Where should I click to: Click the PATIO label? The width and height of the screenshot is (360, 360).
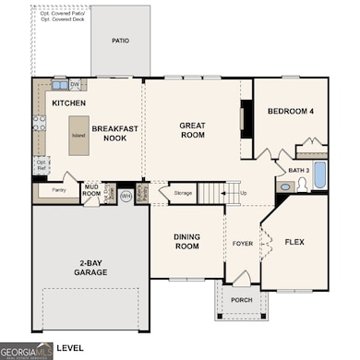point(120,41)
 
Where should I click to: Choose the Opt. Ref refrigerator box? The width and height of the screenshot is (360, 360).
point(42,164)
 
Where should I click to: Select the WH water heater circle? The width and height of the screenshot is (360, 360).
point(126,196)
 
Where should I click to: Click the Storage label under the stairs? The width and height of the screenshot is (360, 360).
point(181,193)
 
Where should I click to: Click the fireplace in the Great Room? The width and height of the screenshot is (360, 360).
point(246,117)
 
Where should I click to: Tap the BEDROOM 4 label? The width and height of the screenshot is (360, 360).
point(292,112)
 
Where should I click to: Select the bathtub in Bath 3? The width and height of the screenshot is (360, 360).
point(319,174)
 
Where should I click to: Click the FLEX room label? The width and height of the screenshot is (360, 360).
point(294,243)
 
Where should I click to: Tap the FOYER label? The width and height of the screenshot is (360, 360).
point(242,245)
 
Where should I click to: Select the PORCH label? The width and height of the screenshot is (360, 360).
point(242,300)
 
